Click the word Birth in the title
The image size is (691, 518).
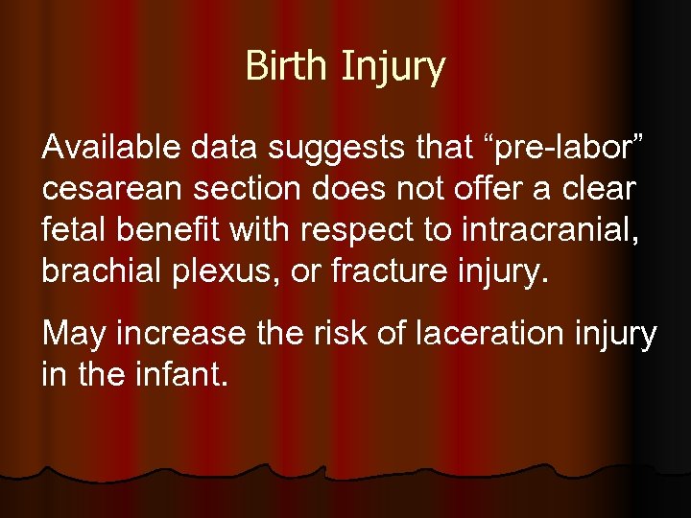click(283, 67)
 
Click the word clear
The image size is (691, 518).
click(601, 190)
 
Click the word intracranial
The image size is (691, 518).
click(545, 230)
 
